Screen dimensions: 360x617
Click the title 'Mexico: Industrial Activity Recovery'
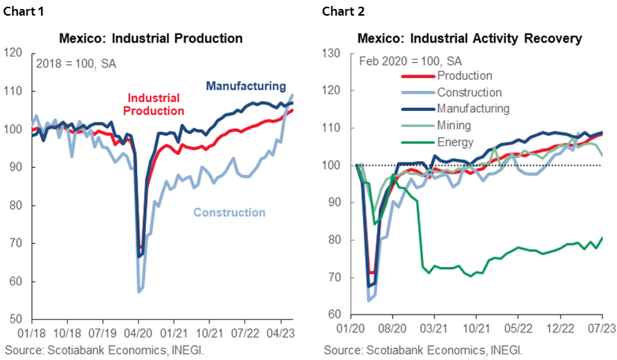click(469, 38)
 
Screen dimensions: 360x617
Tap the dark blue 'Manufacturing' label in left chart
click(246, 86)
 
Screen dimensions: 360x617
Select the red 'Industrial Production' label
click(156, 104)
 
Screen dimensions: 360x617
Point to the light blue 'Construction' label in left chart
click(229, 212)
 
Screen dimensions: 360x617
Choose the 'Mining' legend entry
click(454, 125)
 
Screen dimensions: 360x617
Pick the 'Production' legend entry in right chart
click(464, 76)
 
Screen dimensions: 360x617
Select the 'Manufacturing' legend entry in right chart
click(473, 109)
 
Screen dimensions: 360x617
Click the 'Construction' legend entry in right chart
click(469, 92)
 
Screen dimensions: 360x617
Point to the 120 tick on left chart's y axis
click(13, 53)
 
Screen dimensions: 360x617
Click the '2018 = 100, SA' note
click(76, 64)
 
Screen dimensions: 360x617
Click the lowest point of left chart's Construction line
click(139, 291)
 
